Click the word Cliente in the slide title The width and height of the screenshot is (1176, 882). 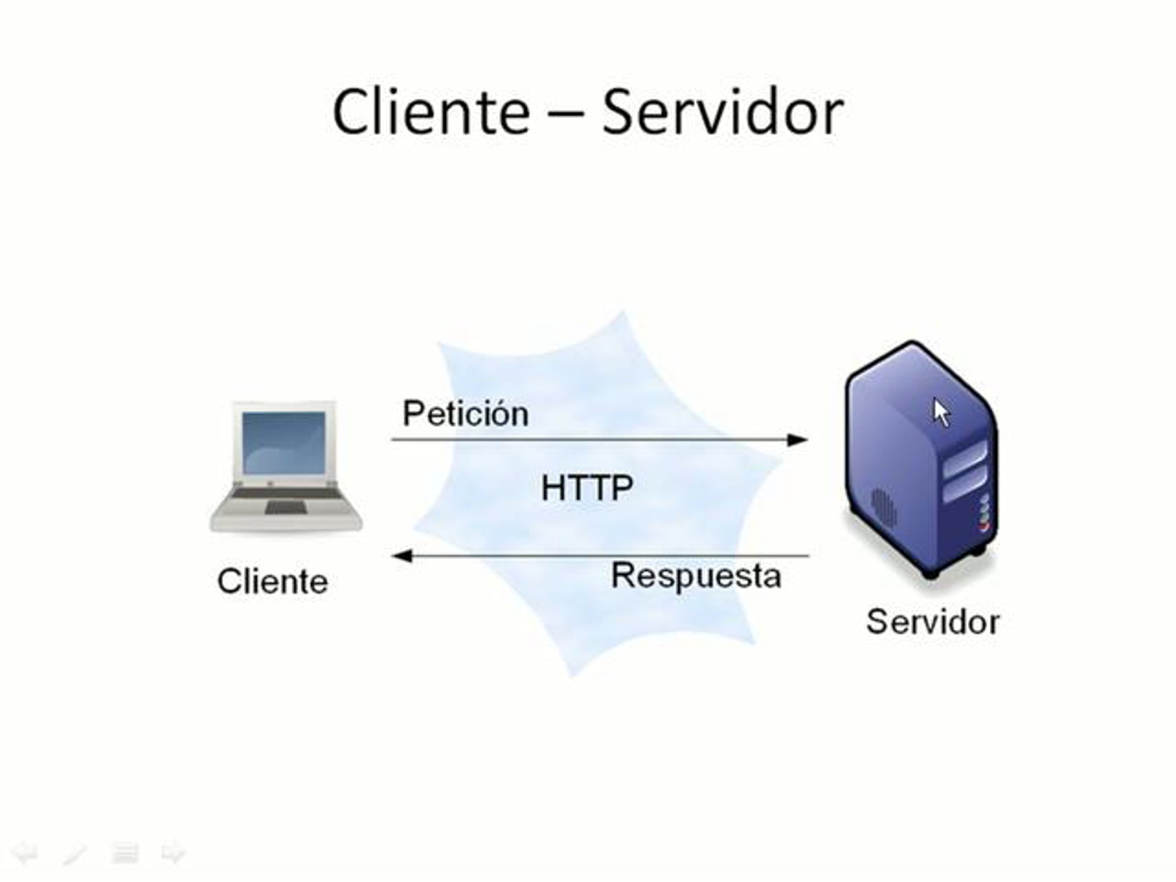(x=431, y=112)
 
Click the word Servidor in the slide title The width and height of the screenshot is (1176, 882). (x=723, y=112)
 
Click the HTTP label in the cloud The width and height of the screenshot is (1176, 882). (x=587, y=488)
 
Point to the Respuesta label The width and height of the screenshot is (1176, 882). (x=696, y=576)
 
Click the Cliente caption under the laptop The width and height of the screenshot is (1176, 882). (x=273, y=581)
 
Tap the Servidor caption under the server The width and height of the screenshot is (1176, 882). (x=933, y=621)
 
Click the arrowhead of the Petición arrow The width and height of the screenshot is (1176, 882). (x=797, y=440)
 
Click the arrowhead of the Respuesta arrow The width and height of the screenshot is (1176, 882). (x=402, y=556)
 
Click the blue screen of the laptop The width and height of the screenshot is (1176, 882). (x=283, y=442)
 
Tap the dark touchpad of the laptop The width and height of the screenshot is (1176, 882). (x=286, y=508)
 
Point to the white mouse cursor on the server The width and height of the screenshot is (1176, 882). (x=942, y=413)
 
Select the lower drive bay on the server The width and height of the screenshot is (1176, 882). (x=965, y=487)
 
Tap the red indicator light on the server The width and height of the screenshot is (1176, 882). (x=985, y=527)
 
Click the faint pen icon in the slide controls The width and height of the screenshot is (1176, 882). (x=75, y=855)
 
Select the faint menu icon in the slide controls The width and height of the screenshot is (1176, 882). (x=125, y=853)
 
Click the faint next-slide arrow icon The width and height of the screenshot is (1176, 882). (x=173, y=854)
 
